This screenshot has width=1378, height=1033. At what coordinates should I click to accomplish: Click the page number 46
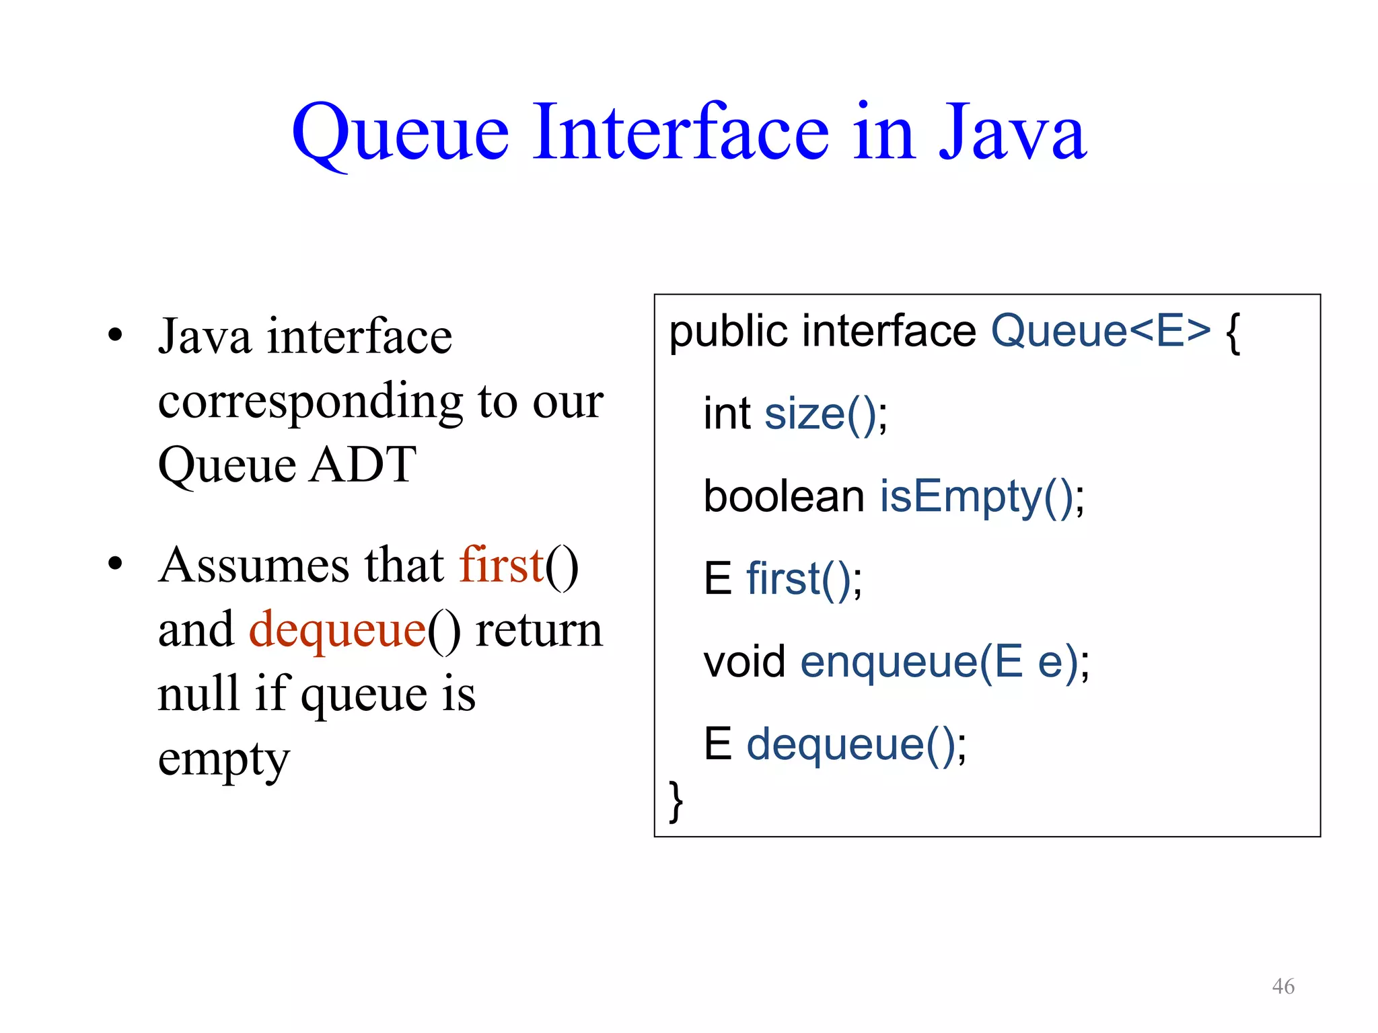[x=1282, y=986]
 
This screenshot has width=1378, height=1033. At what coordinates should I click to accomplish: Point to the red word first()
[x=501, y=565]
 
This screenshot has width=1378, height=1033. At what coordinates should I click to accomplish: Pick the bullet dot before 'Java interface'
[x=115, y=335]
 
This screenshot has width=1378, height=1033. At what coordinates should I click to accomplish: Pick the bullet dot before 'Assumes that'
[x=115, y=564]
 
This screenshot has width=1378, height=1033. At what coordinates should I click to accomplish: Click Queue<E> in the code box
[x=1100, y=331]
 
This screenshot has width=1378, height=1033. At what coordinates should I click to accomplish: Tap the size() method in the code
[x=820, y=414]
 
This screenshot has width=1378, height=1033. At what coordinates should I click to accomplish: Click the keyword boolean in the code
[x=783, y=496]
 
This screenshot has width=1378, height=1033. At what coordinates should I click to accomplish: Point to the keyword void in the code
[x=744, y=662]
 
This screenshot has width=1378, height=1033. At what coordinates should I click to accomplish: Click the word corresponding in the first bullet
[x=310, y=401]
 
